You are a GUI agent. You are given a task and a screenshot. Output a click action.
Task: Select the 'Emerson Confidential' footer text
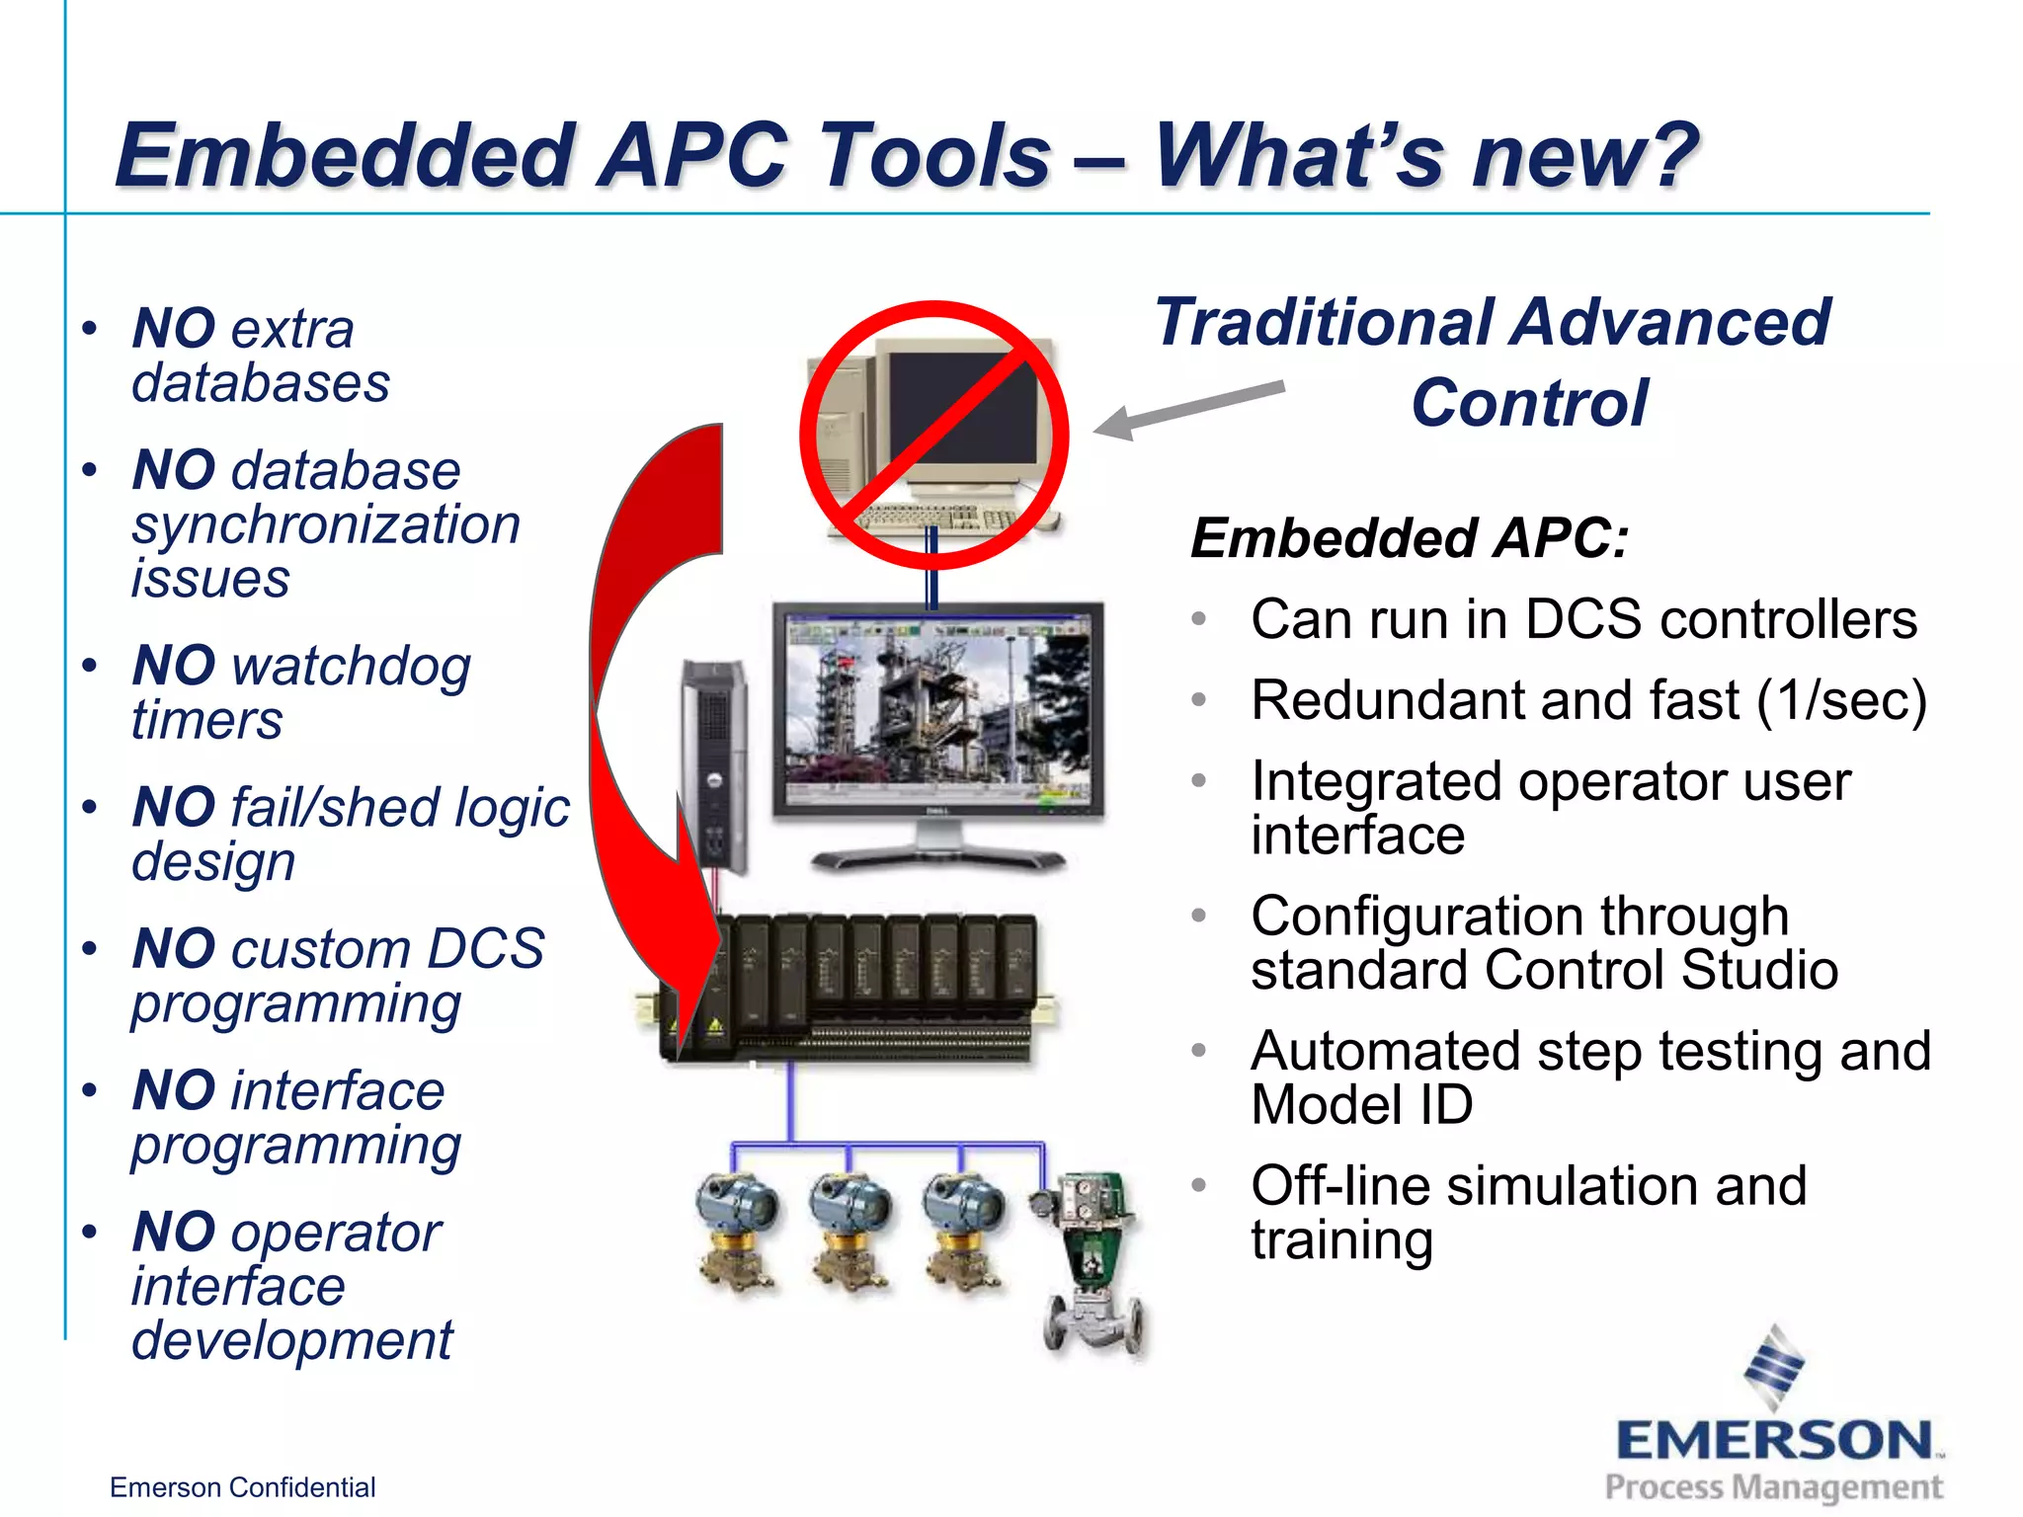(x=242, y=1487)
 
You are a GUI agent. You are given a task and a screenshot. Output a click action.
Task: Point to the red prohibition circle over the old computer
(x=934, y=436)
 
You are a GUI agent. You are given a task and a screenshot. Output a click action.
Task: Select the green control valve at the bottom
(x=1092, y=1264)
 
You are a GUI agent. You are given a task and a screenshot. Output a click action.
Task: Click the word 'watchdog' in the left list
(x=351, y=667)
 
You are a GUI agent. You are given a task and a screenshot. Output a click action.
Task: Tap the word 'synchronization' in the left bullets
(x=326, y=524)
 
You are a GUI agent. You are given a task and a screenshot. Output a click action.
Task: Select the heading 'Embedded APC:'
(x=1409, y=538)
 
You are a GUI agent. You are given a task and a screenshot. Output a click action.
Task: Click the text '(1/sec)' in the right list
(x=1841, y=701)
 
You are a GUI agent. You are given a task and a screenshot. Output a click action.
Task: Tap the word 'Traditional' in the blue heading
(x=1324, y=322)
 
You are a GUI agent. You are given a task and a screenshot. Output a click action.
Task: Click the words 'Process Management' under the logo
(x=1773, y=1486)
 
